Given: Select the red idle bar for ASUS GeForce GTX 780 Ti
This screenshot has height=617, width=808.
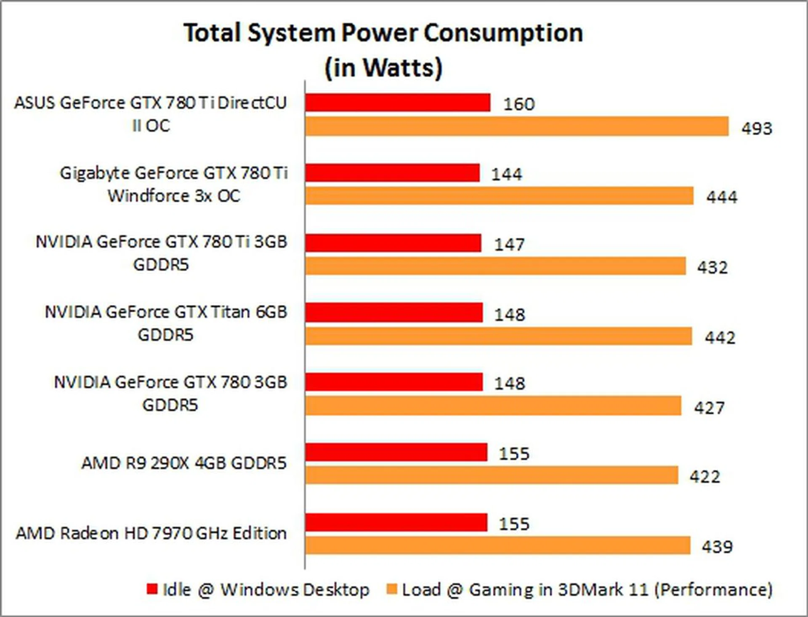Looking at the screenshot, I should coord(398,103).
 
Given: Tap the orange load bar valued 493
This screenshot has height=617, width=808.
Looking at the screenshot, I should coord(517,126).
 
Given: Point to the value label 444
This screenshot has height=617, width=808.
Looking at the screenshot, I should coord(722,197).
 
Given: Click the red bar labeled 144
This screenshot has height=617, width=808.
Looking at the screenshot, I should coord(392,173).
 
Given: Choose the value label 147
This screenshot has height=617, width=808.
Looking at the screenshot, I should coord(509,245).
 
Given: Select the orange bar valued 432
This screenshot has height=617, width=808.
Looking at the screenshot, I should coord(495,266).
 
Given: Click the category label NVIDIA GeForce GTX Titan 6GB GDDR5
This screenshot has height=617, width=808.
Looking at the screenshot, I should coord(166,323).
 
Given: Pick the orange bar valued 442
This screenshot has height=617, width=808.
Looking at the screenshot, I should coord(499,336).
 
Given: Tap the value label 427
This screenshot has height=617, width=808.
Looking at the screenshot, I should coord(709,407).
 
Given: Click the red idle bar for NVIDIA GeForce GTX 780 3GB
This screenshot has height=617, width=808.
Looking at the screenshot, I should coord(394,382).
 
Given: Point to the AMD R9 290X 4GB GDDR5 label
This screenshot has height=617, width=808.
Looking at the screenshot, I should coord(184,463).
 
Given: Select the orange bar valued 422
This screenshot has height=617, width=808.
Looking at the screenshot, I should coord(492,475).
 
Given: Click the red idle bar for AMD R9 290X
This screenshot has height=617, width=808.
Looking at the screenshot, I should coord(396,452).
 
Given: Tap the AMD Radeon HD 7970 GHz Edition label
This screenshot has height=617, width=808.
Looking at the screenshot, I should coord(151,533).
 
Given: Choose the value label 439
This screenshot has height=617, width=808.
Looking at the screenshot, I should coord(717,547).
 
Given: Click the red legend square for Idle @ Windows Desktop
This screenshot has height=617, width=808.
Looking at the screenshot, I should coord(152,589).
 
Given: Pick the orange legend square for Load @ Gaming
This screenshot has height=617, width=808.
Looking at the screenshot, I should coord(391,589).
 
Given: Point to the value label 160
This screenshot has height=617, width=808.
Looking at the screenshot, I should coord(519,104).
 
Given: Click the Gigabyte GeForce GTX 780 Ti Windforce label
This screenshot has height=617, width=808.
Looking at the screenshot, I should coord(174,184).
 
